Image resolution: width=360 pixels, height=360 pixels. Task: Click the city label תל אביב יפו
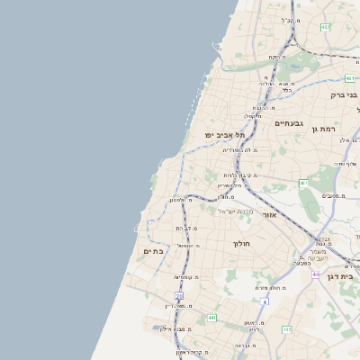pos(220,135)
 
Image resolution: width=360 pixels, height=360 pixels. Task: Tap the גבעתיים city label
pos(290,123)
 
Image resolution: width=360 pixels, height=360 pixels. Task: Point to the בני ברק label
pos(344,94)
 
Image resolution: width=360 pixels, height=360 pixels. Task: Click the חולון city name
pos(241,243)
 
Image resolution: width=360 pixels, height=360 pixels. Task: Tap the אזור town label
pos(269,216)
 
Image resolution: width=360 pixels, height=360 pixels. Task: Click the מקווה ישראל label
pos(232,211)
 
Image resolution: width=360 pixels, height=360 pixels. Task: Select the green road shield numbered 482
pos(325,28)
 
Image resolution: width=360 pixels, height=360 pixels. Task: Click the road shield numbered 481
pos(349,78)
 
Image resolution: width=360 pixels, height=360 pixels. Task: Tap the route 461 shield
pos(304,184)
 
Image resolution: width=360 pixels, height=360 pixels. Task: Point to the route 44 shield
pos(316,274)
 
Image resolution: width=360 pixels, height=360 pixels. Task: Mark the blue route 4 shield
pos(266,301)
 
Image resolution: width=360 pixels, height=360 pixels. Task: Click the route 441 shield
pos(211,318)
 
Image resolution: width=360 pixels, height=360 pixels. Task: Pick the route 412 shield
pos(287,330)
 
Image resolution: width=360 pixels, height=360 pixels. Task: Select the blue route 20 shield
pos(179,295)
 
